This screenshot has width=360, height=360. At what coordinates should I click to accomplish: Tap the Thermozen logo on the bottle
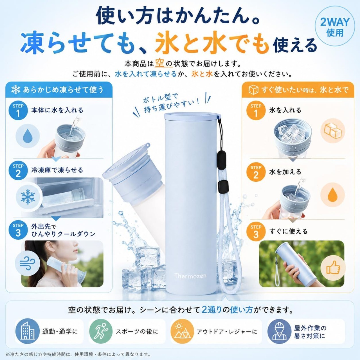click(190, 276)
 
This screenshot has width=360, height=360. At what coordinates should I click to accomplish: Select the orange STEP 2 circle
click(256, 172)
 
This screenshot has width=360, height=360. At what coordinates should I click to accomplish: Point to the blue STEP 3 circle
click(18, 230)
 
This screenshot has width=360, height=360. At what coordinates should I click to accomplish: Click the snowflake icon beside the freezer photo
click(28, 197)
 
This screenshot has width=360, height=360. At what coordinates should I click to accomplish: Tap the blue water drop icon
click(28, 136)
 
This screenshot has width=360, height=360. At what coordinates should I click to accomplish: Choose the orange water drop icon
click(333, 195)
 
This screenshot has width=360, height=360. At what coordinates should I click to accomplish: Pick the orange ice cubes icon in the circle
click(333, 131)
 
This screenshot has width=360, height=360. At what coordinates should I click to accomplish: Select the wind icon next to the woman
click(28, 264)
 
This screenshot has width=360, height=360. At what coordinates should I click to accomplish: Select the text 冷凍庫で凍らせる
click(57, 170)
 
